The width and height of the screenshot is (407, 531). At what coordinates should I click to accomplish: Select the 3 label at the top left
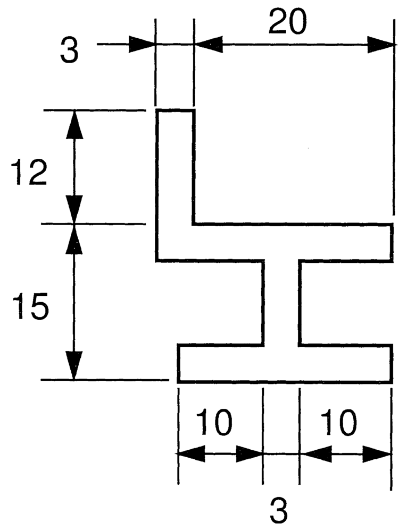69,50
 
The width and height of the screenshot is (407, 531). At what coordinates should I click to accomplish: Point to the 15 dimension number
30,306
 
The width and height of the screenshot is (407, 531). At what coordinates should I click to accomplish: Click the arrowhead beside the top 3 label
142,44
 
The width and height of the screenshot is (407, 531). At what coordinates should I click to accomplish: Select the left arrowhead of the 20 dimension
209,44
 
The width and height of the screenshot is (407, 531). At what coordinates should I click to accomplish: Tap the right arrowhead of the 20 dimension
381,44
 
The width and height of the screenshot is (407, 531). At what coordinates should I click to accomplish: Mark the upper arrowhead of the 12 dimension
74,125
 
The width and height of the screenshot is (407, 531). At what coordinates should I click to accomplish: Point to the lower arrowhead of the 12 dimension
74,209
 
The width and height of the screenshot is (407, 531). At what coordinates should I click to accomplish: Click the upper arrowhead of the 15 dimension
74,239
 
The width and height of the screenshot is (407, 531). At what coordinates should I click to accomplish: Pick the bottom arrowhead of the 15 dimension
74,365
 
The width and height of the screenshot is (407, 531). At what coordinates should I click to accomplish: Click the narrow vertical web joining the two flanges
281,303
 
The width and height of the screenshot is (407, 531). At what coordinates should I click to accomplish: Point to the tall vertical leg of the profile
175,185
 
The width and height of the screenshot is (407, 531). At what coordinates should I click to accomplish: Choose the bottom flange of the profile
285,363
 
